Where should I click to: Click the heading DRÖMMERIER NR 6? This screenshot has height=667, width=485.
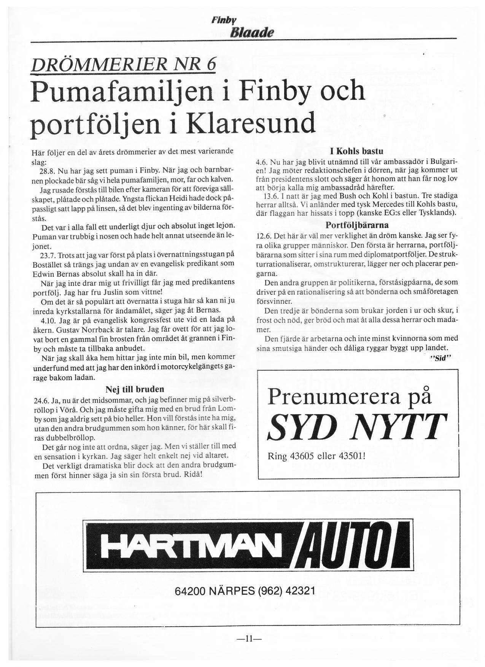coord(124,65)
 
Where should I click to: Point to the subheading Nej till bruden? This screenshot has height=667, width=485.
coord(135,389)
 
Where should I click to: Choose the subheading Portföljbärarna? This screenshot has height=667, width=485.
coord(357,225)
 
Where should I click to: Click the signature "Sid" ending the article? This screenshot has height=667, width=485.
coord(441,358)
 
